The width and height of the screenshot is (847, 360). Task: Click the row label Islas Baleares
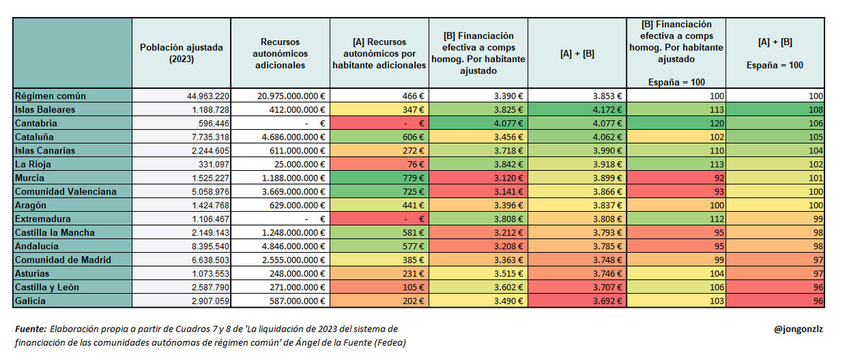pos(45,109)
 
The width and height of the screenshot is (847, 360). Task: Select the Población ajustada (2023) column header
pos(181,53)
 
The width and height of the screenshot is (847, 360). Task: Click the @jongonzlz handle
pos(798,330)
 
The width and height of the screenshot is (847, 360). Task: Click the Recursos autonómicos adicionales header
pos(280,53)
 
